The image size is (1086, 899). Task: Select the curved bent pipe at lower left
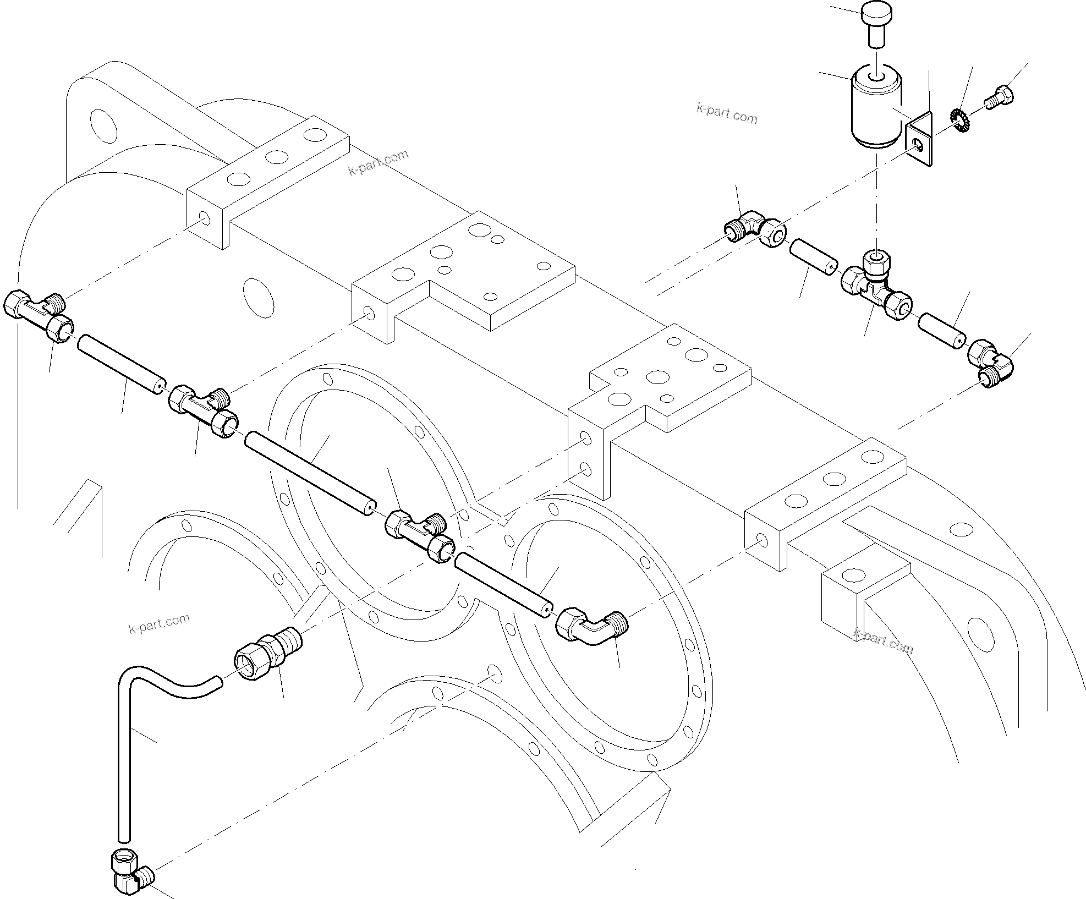tap(143, 732)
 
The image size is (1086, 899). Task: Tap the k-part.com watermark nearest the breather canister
tap(726, 114)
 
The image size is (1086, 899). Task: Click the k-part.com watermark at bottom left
tap(159, 623)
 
